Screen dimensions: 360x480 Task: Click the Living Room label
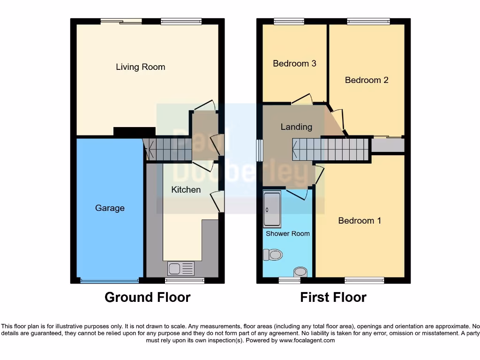pyautogui.click(x=141, y=67)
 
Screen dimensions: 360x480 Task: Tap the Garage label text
pyautogui.click(x=110, y=208)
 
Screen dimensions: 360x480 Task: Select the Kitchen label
pyautogui.click(x=186, y=190)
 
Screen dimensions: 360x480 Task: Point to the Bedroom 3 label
pyautogui.click(x=294, y=63)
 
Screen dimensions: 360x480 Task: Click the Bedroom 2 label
pyautogui.click(x=367, y=80)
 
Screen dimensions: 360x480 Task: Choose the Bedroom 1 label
pyautogui.click(x=360, y=221)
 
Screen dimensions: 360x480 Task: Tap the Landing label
pyautogui.click(x=296, y=127)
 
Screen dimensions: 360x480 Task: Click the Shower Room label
pyautogui.click(x=288, y=233)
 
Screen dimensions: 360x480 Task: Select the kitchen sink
pyautogui.click(x=181, y=269)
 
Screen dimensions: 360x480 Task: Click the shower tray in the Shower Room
pyautogui.click(x=272, y=209)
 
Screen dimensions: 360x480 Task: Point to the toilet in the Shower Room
pyautogui.click(x=273, y=255)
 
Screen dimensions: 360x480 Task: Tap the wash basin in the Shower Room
pyautogui.click(x=300, y=272)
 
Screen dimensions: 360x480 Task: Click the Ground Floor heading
pyautogui.click(x=147, y=297)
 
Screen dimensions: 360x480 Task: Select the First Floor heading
pyautogui.click(x=333, y=297)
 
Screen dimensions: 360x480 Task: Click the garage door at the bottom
pyautogui.click(x=109, y=281)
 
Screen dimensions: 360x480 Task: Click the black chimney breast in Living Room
pyautogui.click(x=135, y=132)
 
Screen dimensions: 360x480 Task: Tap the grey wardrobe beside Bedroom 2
pyautogui.click(x=388, y=145)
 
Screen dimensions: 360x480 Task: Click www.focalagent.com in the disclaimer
pyautogui.click(x=307, y=340)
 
